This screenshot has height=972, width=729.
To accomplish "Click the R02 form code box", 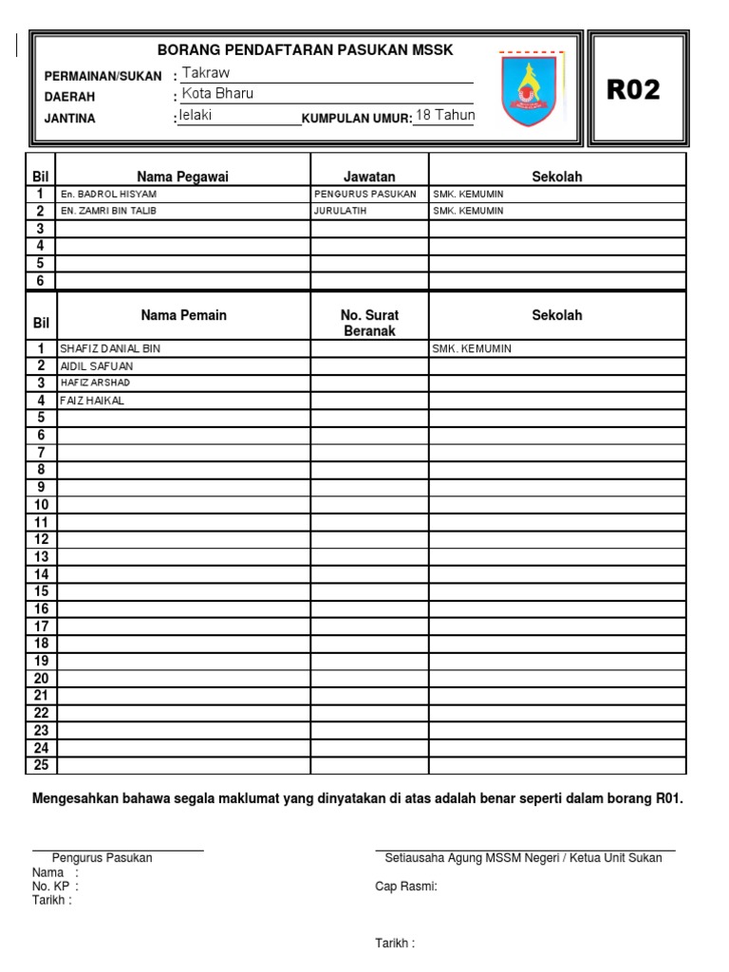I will click(x=632, y=90).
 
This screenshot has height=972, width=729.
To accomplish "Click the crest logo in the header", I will click(x=531, y=89).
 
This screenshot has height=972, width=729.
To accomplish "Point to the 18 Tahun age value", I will click(x=445, y=115).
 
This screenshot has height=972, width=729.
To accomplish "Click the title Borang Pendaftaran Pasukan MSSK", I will click(x=305, y=49).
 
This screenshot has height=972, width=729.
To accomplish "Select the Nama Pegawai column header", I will click(x=183, y=177).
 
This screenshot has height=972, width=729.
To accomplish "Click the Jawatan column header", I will click(x=369, y=177).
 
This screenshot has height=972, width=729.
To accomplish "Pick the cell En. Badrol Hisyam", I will click(x=108, y=194).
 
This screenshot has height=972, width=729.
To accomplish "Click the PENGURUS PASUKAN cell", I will click(x=364, y=194).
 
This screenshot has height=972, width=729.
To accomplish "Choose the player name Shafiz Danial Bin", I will click(x=110, y=348).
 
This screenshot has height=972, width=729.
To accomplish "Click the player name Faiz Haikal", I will click(x=92, y=401).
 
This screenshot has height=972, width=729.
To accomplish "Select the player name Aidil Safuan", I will click(x=97, y=365).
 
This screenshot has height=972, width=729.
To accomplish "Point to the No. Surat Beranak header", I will click(x=369, y=323).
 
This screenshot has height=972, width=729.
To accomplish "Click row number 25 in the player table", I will click(x=41, y=765).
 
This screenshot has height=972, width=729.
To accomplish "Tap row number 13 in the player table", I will click(x=41, y=557).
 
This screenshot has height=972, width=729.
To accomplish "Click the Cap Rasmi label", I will click(x=405, y=887).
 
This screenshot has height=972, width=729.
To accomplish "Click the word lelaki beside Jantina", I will click(x=196, y=115).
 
